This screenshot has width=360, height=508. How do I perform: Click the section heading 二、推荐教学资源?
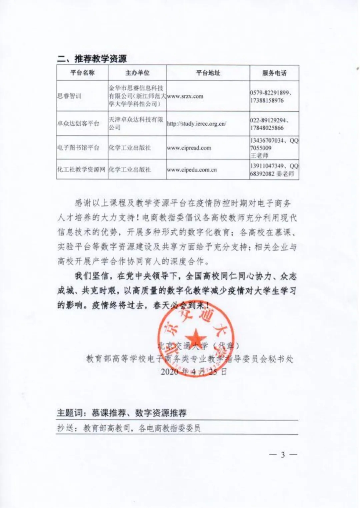point(92,59)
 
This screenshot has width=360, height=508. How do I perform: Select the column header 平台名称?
point(82,73)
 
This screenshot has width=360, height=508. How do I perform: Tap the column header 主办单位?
point(137,73)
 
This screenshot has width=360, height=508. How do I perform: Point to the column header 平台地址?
point(208,73)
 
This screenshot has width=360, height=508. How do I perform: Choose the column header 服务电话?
point(274,73)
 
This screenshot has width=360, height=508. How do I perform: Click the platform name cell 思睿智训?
point(69,96)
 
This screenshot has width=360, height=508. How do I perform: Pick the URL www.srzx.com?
point(185,96)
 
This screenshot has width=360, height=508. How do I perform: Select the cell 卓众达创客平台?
point(79,123)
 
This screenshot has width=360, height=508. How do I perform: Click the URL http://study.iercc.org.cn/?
point(197,124)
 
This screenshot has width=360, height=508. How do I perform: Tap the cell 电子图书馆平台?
point(79,148)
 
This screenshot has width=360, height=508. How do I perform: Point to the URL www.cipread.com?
point(189,148)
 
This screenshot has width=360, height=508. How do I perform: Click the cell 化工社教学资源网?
point(82,169)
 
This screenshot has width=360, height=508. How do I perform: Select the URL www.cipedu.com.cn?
point(192,170)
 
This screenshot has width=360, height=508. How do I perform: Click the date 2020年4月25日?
point(194,371)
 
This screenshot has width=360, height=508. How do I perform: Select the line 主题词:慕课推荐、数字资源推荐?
point(122,413)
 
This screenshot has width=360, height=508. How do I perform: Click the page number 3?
point(283,455)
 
